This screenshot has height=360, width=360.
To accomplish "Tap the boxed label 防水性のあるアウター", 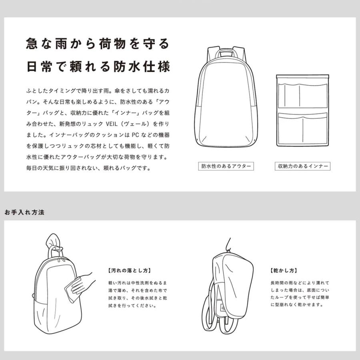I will point(226,166).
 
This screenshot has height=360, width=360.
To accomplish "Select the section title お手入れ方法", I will point(24,212).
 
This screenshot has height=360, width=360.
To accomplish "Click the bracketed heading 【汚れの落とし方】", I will point(129,270).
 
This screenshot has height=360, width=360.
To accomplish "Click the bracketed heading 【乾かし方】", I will point(283,270).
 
